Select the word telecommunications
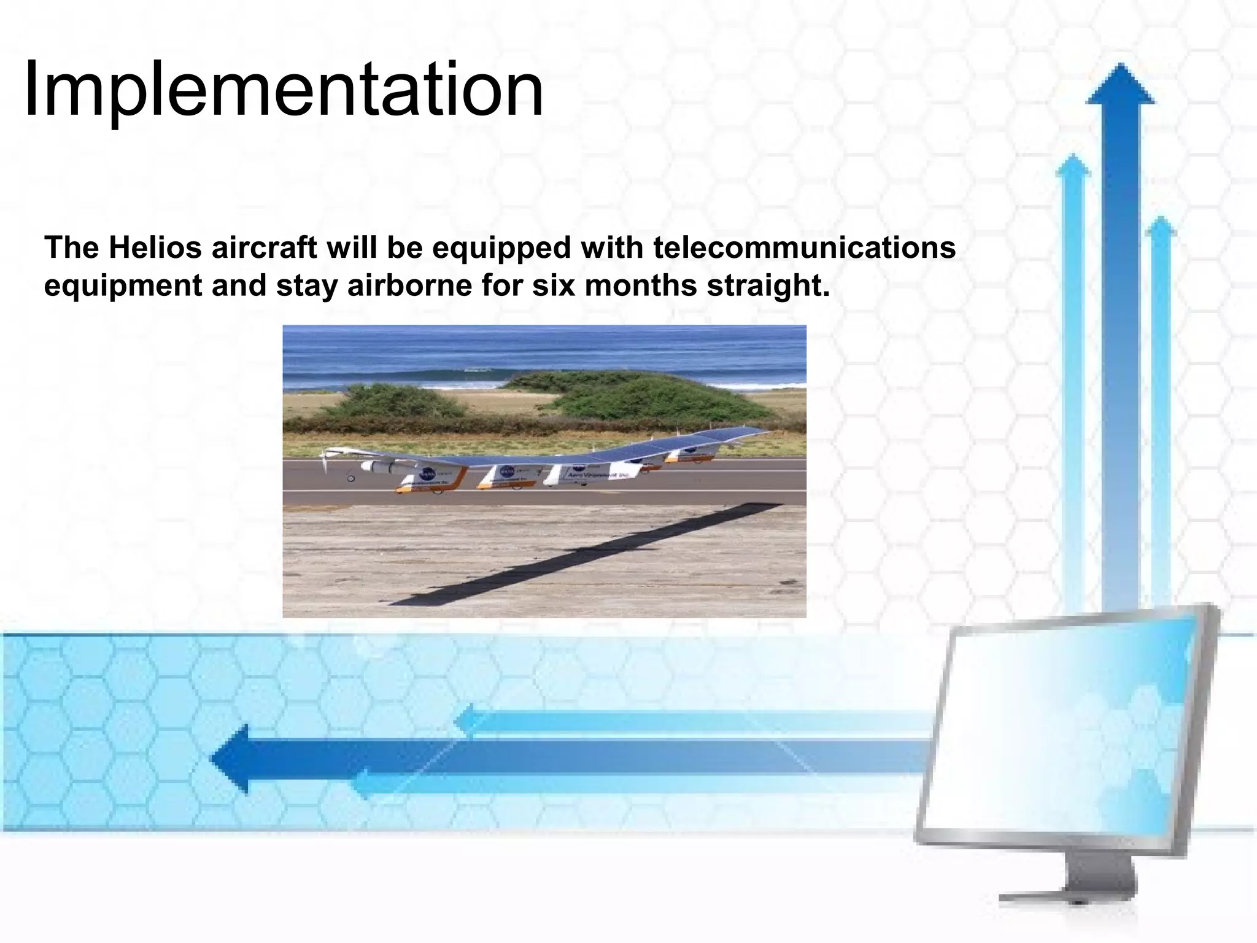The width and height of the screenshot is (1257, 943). (x=804, y=248)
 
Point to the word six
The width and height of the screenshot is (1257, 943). (x=552, y=286)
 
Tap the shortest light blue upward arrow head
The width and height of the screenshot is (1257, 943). (x=1159, y=227)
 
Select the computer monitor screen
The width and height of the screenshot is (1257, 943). (x=1062, y=724)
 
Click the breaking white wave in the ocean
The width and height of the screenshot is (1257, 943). (x=479, y=370)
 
